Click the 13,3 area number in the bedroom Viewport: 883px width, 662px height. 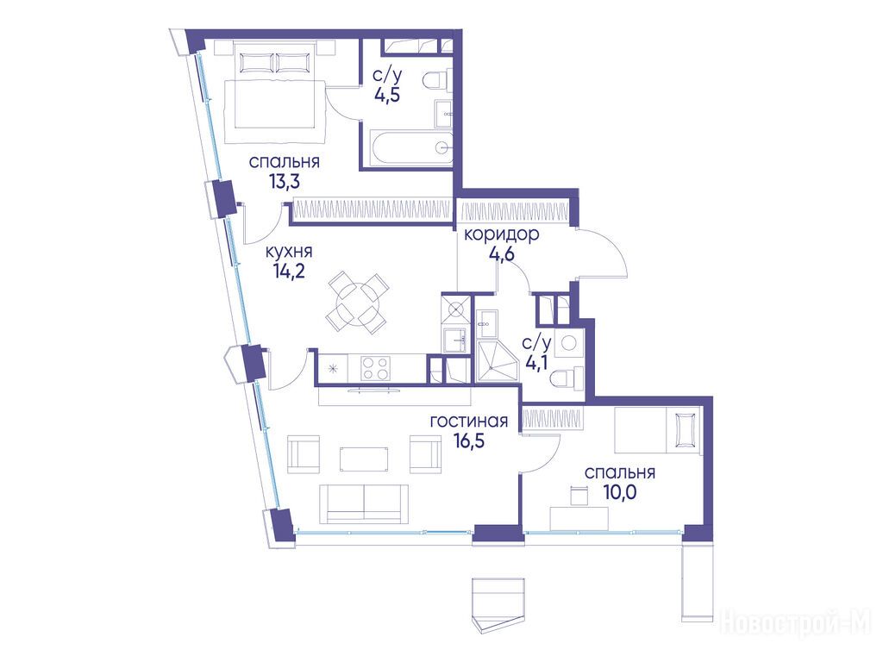[285, 182]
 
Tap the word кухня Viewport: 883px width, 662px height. [288, 252]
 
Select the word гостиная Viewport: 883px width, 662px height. [468, 421]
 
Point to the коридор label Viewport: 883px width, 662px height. [501, 234]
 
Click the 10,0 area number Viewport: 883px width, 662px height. [619, 492]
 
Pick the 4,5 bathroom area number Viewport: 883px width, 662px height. [387, 94]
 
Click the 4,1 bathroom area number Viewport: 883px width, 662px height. [536, 363]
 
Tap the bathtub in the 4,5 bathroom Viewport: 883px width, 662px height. [410, 147]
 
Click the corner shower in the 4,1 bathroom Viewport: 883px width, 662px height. [497, 361]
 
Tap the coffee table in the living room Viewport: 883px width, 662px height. [364, 459]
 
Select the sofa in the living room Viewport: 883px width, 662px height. [364, 503]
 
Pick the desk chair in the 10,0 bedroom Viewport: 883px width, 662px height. [579, 496]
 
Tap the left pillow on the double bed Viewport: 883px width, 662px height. [257, 62]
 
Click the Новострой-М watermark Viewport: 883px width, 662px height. [795, 623]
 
